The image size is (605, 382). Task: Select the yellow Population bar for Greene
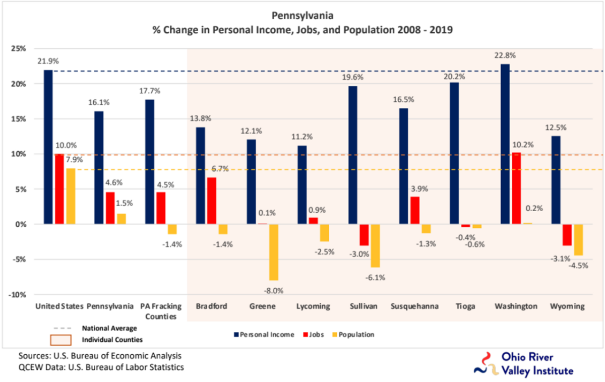[274, 252]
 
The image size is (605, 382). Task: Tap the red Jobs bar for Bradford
[212, 201]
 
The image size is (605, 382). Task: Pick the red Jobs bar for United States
[60, 189]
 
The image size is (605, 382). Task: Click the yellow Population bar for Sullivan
[375, 245]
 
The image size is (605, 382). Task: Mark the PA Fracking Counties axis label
[161, 311]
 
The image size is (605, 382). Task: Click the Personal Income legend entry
[264, 334]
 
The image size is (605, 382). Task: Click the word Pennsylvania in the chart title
[302, 16]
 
